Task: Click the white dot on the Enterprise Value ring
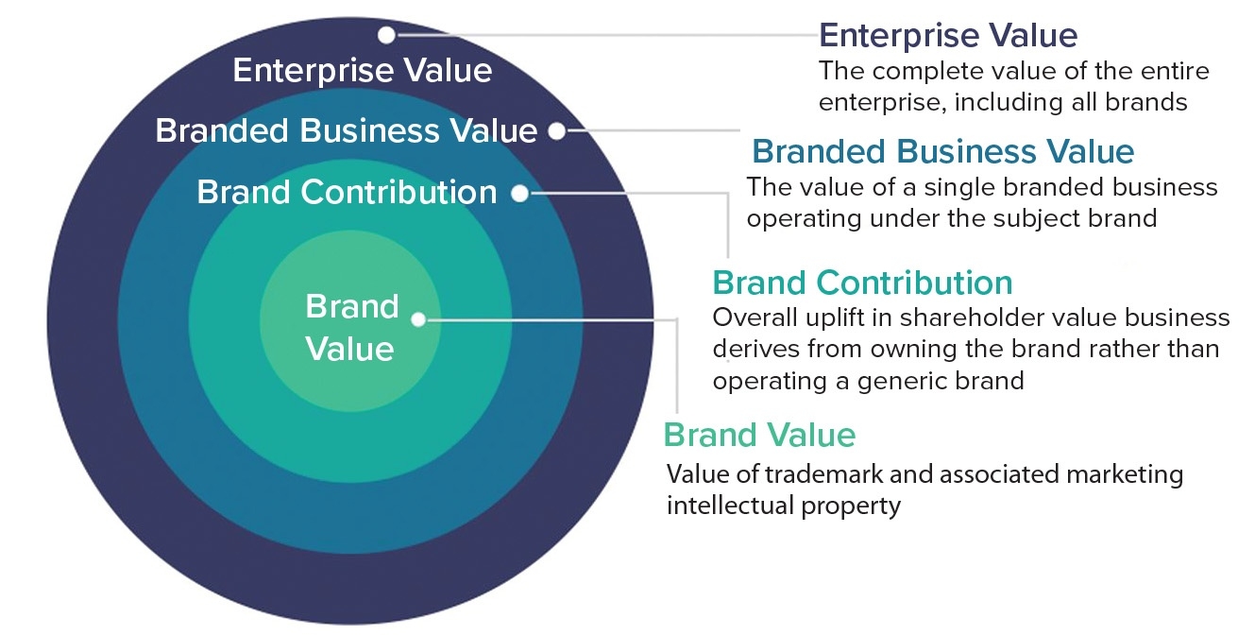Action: (x=386, y=35)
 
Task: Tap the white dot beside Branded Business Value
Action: (x=556, y=131)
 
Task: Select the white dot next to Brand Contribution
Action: (x=520, y=194)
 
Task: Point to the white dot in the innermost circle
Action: (x=418, y=319)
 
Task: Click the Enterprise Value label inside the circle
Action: (x=363, y=71)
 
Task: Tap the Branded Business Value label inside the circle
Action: (x=347, y=130)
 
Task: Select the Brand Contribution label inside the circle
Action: (x=347, y=192)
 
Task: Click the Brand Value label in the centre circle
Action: (x=351, y=328)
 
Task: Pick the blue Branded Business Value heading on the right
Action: (x=943, y=151)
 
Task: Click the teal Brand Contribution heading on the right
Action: (x=863, y=283)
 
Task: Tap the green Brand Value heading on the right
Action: (x=760, y=435)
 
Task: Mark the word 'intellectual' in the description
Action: (x=730, y=506)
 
